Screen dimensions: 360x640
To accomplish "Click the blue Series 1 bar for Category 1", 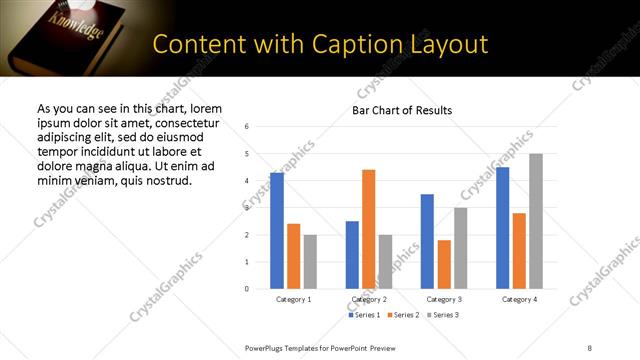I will (277, 231).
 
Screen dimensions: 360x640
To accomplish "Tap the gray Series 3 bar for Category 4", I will (536, 221).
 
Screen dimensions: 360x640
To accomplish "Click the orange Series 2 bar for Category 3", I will (444, 264).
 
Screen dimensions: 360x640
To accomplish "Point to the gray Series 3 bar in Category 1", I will (310, 261).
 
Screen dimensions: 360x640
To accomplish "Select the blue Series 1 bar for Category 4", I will (502, 228).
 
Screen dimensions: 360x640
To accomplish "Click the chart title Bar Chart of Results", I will (402, 110).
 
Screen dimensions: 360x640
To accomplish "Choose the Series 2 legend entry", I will (402, 315).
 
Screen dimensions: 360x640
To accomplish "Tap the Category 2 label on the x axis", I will (369, 299).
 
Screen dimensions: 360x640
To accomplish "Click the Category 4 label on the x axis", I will (519, 299).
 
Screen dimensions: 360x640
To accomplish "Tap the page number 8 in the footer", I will (589, 347).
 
